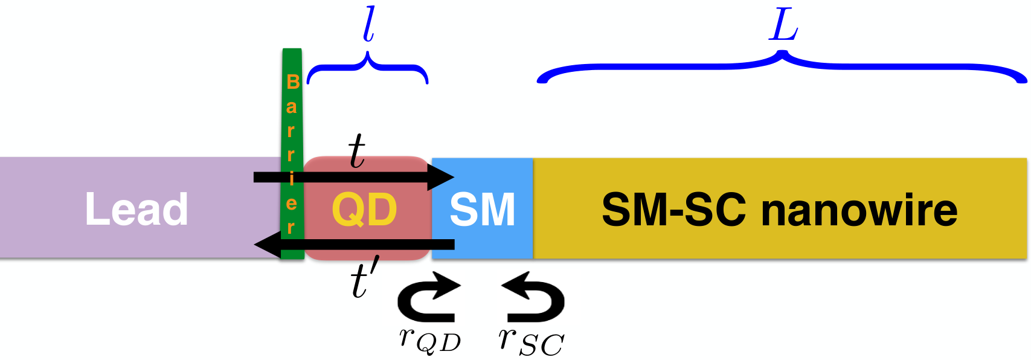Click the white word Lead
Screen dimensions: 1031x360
[x=137, y=210]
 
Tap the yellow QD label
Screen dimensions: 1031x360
[x=365, y=210]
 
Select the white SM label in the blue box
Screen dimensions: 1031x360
[x=483, y=210]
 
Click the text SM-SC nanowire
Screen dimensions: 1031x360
[x=780, y=210]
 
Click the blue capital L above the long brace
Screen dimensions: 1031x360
[x=783, y=27]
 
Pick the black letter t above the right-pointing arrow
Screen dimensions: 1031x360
[x=357, y=152]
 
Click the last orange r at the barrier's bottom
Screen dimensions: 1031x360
[x=291, y=228]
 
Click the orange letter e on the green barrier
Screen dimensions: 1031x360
[x=291, y=204]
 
